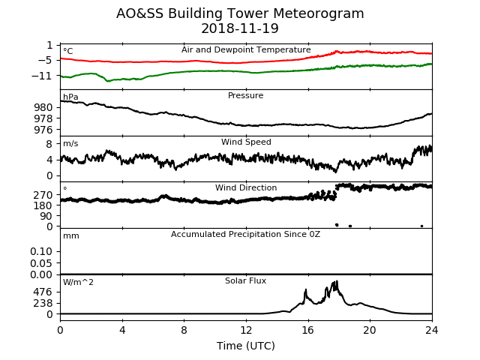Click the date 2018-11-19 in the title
pos(240,28)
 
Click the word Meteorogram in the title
pos(318,13)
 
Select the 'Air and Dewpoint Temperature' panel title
pos(246,50)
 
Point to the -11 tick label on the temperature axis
pos(41,76)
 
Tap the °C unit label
pos(68,51)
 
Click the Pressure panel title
pos(245,95)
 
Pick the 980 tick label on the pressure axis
pos(43,107)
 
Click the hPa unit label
pos(70,97)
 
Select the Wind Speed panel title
pos(246,142)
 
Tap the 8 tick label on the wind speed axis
pos(49,143)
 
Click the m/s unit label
pos(70,143)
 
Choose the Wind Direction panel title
pos(246,187)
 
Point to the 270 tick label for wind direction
pos(43,195)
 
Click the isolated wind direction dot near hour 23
pos(421,226)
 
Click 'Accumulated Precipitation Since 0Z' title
pos(245,235)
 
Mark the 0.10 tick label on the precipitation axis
pos(41,251)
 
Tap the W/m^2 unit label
pos(78,282)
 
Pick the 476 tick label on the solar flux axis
pos(43,292)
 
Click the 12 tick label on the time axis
pos(246,330)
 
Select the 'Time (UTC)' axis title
pos(246,346)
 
